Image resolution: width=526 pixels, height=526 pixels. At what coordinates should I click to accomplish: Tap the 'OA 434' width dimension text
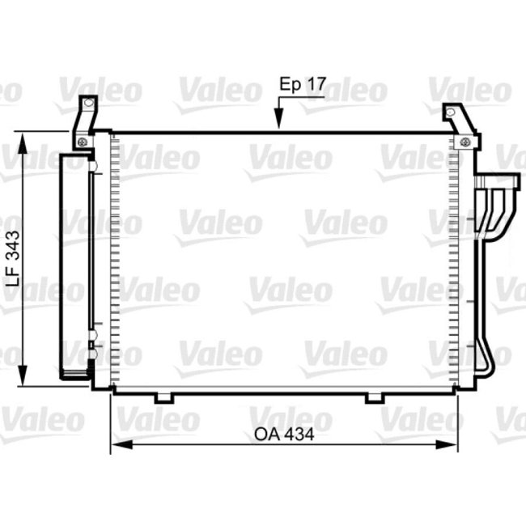(x=283, y=435)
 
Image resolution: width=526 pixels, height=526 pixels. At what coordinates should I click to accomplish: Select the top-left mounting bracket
(x=84, y=121)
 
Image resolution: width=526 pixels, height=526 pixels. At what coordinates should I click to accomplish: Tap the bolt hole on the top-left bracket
(x=82, y=142)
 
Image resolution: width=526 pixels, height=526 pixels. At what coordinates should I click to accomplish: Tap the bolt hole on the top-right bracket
(x=464, y=143)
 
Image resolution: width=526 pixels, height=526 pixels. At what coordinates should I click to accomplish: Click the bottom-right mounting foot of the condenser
(x=375, y=397)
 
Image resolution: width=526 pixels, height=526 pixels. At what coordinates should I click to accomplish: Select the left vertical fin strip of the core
(x=115, y=259)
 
